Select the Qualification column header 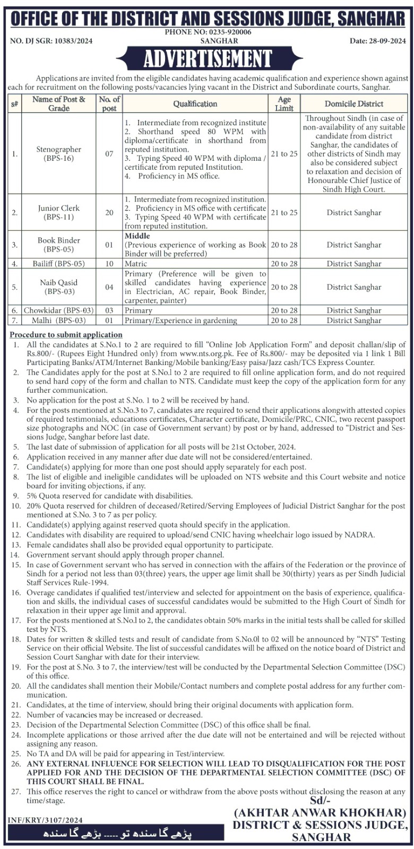tap(195, 104)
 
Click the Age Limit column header tap(284, 103)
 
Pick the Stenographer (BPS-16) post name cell tap(59, 154)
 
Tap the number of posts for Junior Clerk tap(109, 212)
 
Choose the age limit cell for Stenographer tap(284, 154)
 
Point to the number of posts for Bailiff tap(109, 264)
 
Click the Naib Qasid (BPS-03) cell tap(59, 287)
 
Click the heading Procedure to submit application tap(66, 335)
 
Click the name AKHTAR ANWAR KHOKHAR tap(320, 813)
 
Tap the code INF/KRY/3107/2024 tap(45, 820)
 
